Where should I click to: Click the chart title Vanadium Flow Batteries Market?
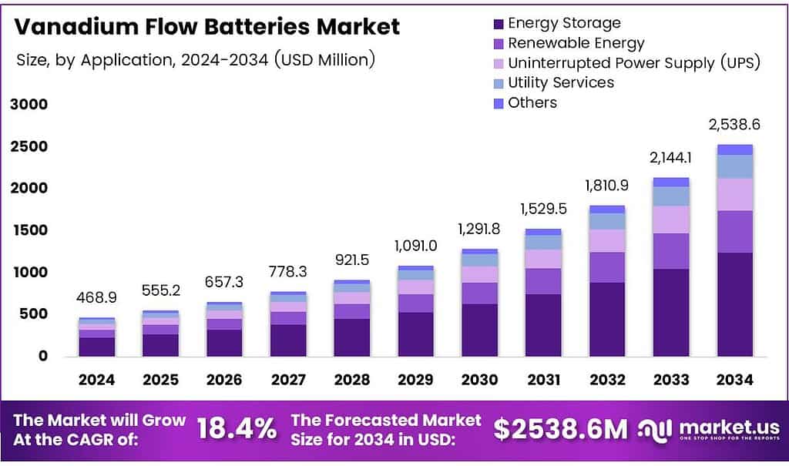208,27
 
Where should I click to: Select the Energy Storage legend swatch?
498,23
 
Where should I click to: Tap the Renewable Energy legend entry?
576,43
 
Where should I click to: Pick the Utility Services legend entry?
560,82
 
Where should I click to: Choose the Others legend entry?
532,102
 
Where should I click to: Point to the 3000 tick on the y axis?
28,105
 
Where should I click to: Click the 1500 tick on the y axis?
28,230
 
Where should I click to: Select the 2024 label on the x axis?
97,380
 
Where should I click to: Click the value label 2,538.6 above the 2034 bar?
734,125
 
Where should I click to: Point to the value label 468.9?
97,297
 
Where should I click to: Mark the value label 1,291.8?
479,229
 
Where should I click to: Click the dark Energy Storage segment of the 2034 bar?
734,304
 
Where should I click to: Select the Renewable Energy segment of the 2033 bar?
670,251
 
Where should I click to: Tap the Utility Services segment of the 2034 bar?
734,166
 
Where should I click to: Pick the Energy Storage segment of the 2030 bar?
479,330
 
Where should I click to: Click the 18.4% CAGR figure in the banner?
237,429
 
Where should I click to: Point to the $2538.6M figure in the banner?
561,429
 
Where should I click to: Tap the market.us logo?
709,429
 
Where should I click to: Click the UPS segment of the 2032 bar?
606,240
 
